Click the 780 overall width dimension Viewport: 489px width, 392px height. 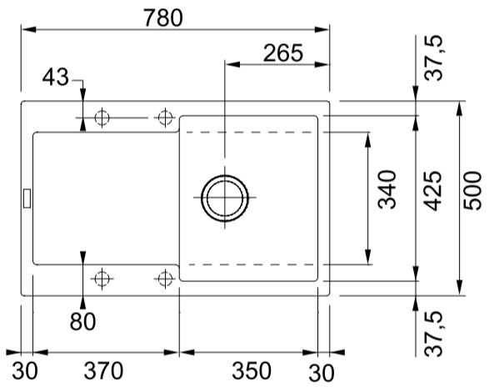[163, 18]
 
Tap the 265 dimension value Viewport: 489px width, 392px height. [283, 53]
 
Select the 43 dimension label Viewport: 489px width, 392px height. [56, 78]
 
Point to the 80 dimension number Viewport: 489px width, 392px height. [82, 321]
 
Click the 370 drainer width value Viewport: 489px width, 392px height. [103, 370]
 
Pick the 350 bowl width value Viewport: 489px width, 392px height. [252, 370]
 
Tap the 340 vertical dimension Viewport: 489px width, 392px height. [387, 189]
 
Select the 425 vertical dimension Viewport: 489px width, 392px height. [433, 191]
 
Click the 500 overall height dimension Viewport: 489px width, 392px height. [472, 191]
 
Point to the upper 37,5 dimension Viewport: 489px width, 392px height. [434, 58]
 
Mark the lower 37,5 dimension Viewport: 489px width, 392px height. [434, 334]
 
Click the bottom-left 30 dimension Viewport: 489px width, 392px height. [25, 370]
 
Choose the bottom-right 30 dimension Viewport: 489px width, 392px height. [322, 373]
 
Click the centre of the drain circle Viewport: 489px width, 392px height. [225, 198]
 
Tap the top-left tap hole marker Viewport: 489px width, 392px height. [102, 118]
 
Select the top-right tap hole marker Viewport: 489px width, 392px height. [165, 118]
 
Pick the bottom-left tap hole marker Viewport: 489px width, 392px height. [102, 279]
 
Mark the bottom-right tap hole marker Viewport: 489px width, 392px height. [165, 279]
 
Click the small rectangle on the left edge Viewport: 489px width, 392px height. [27, 198]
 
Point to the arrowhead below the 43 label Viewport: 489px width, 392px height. [82, 93]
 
